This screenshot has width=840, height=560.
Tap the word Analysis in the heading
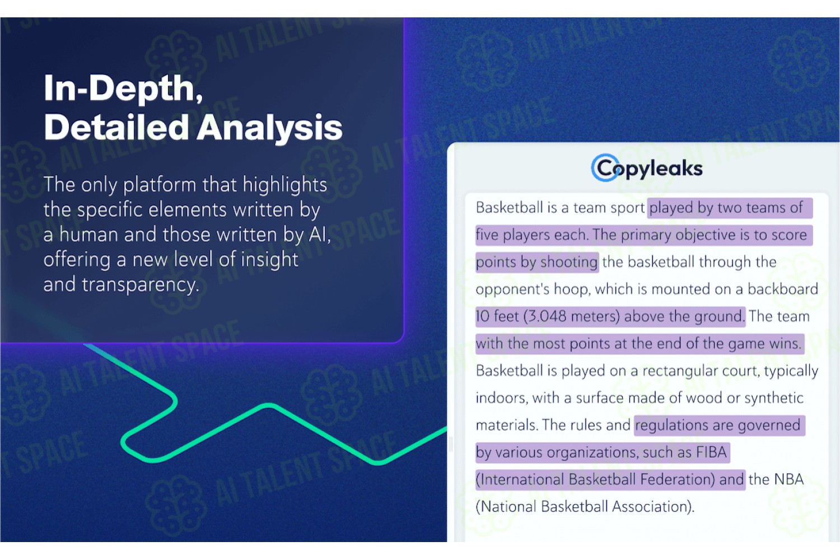point(269,129)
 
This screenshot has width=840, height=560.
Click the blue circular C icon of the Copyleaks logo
point(605,167)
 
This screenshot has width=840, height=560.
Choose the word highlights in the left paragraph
point(284,185)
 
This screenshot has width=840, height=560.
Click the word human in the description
point(89,235)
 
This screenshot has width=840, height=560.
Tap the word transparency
point(140,285)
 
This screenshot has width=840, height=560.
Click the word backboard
point(783,289)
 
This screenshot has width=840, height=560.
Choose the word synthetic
point(773,398)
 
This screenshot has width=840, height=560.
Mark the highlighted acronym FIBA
point(712,452)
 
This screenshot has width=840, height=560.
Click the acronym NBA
point(788,479)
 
